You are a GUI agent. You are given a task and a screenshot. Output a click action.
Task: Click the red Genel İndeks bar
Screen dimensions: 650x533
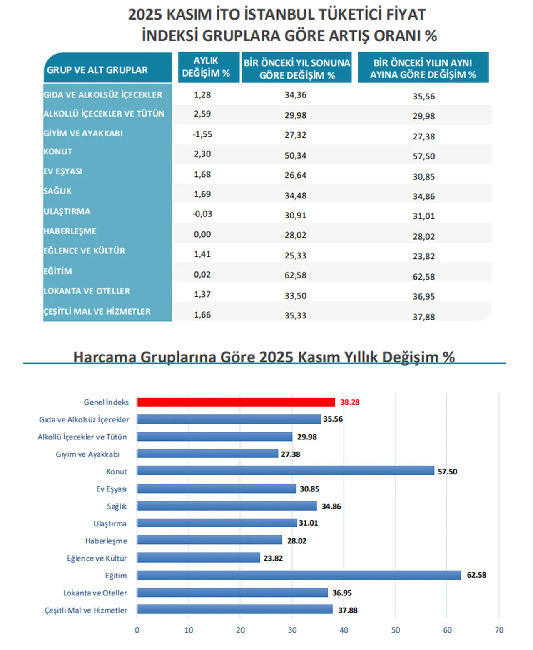[x=236, y=402]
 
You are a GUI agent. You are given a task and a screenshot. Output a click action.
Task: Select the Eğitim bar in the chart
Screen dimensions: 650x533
[x=299, y=575]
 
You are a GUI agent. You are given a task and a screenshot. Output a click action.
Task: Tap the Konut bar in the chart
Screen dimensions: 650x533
[x=285, y=471]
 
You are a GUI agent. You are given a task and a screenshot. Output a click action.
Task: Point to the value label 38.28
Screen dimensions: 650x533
[x=349, y=402]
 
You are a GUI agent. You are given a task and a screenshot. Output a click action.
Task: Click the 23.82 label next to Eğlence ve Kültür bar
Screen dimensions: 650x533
[x=273, y=558]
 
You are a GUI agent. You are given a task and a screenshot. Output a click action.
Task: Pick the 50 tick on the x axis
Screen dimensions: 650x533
[x=395, y=630]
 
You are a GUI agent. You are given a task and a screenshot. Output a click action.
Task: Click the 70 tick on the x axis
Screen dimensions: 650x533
[x=499, y=630]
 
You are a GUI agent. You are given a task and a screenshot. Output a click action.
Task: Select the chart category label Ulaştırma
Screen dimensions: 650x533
[x=110, y=523]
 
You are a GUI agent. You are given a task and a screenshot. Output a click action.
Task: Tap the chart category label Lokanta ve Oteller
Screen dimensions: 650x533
[x=95, y=593]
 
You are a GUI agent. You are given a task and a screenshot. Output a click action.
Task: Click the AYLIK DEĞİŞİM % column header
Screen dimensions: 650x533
[x=206, y=67]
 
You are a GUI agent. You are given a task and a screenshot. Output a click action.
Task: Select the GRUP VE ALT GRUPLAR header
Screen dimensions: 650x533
[x=97, y=70]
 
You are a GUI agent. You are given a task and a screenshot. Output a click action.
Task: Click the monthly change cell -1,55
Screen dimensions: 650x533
[x=202, y=134]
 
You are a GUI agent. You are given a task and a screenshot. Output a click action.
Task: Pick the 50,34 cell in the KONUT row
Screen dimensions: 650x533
[x=295, y=155]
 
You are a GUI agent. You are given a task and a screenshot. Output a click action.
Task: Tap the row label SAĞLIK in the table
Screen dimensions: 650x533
[x=58, y=191]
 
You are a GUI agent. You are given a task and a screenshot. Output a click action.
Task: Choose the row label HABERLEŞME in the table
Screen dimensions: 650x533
[x=70, y=231]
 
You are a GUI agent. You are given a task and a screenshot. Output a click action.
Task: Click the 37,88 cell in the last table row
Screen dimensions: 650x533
[x=423, y=317]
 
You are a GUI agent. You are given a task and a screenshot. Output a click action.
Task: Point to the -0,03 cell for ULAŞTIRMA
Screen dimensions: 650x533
[x=202, y=214]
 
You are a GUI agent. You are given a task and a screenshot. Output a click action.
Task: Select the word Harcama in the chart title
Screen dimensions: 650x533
[x=105, y=357]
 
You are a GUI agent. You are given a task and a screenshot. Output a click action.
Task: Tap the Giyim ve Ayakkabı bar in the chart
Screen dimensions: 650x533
[x=207, y=454]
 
